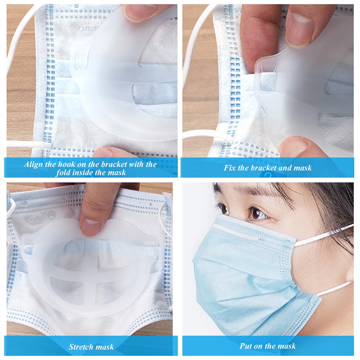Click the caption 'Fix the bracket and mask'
pos(267,168)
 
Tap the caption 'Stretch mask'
pos(91,347)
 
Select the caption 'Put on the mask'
pos(267,346)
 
